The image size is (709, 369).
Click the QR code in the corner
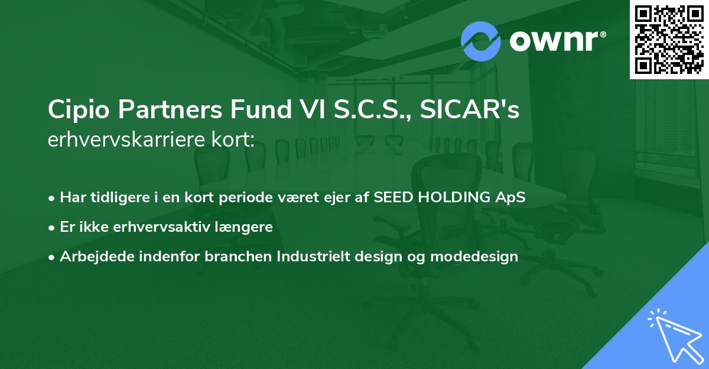coord(669,39)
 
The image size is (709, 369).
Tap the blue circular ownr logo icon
coord(481,41)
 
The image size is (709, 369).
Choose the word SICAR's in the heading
coord(470,111)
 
